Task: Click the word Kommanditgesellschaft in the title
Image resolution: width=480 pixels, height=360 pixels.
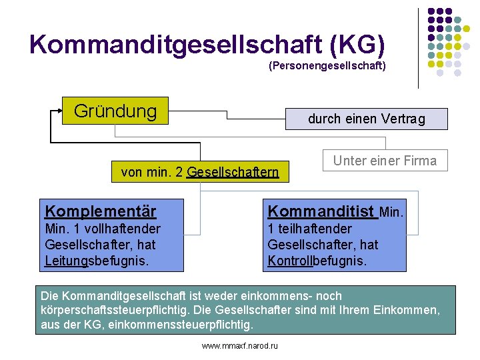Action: pos(176,44)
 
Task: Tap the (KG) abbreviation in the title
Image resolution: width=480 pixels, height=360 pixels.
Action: pos(355,44)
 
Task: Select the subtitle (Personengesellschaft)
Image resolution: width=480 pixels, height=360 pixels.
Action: pos(327,66)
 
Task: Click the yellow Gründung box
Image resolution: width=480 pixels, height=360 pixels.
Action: pos(115,111)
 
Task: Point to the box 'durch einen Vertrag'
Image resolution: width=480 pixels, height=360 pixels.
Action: pos(365,119)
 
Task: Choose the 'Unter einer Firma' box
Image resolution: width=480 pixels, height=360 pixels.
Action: pos(385,161)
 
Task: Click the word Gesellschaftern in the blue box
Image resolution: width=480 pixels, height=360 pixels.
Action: pos(233,173)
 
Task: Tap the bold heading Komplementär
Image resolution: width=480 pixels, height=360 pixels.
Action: pos(101,211)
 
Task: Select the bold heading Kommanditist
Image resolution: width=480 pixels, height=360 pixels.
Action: pos(321,211)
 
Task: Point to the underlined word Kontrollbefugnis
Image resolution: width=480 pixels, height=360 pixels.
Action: pos(317,260)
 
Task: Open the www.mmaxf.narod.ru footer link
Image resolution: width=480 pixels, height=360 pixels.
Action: pos(239,345)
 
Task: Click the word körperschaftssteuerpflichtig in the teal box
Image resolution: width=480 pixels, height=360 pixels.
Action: pos(111,310)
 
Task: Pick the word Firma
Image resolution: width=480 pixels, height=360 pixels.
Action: pos(421,161)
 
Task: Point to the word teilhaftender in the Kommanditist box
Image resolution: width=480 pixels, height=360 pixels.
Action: pos(314,229)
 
